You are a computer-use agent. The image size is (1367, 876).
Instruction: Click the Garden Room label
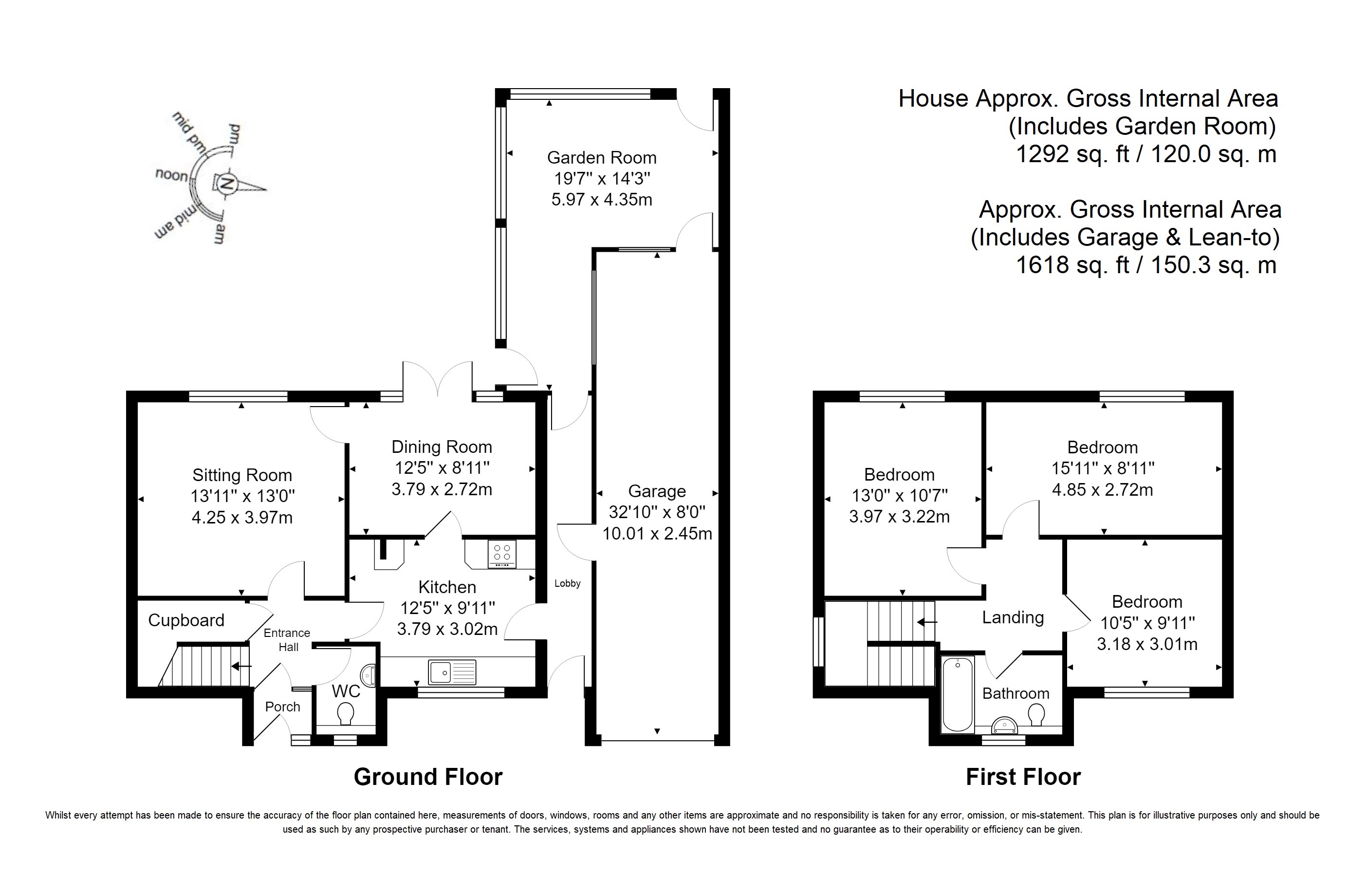[602, 158]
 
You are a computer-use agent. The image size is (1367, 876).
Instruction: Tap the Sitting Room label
[242, 475]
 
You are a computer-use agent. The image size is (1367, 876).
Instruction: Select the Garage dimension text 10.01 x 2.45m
[657, 534]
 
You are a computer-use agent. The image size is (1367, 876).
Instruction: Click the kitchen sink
[453, 672]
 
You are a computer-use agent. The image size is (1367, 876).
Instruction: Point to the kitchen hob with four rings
[502, 554]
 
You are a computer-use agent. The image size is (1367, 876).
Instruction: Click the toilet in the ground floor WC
[345, 713]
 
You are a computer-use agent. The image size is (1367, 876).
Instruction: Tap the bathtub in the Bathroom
[958, 694]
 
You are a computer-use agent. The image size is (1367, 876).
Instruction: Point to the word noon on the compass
[172, 175]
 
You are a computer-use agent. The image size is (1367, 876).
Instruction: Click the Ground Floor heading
[428, 777]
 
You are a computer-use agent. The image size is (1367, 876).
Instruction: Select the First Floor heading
[1023, 777]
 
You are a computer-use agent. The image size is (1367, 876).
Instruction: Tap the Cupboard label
[186, 620]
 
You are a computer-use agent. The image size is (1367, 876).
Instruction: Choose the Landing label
[1013, 618]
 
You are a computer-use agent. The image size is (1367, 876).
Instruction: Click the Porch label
[283, 707]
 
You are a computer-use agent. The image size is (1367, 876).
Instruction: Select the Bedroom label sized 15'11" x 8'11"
[1103, 447]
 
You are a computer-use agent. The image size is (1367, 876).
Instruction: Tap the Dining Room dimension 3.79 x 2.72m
[442, 489]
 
